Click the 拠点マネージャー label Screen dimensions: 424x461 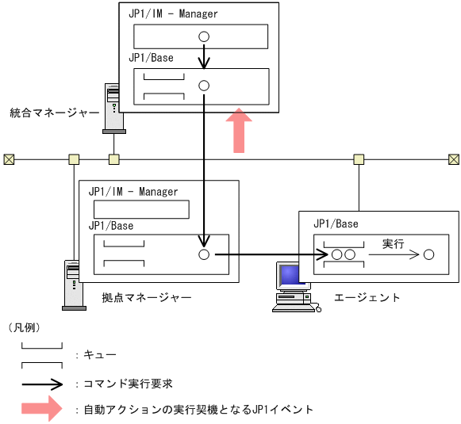pos(147,297)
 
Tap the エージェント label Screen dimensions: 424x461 pos(367,297)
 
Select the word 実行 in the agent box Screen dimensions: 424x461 pos(394,243)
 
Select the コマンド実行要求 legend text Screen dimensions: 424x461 pos(129,384)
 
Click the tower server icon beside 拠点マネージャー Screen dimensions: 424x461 pos(74,284)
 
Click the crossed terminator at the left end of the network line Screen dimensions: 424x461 pos(9,159)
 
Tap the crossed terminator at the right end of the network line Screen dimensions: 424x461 pos(453,159)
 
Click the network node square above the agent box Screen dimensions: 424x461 pos(359,159)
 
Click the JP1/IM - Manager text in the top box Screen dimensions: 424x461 pos(173,14)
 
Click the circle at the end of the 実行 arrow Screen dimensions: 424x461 pos(428,255)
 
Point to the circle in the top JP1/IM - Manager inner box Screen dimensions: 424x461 pos(204,36)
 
